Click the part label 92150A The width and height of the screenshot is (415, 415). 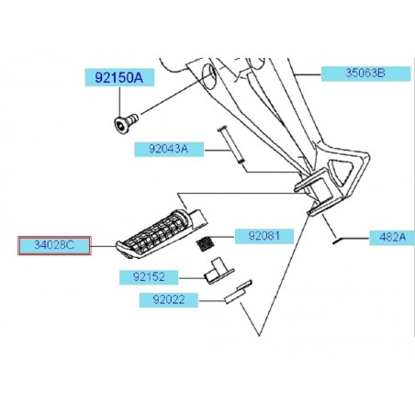119,78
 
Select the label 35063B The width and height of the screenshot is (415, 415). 365,73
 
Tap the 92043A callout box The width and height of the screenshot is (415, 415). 169,150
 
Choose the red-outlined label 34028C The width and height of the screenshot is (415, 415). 54,245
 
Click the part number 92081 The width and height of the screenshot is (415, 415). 264,236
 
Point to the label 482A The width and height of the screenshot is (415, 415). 392,238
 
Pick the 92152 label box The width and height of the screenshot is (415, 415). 149,277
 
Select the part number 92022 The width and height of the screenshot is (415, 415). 169,300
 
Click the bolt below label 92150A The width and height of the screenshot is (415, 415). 126,122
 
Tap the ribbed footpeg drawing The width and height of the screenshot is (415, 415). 162,233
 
